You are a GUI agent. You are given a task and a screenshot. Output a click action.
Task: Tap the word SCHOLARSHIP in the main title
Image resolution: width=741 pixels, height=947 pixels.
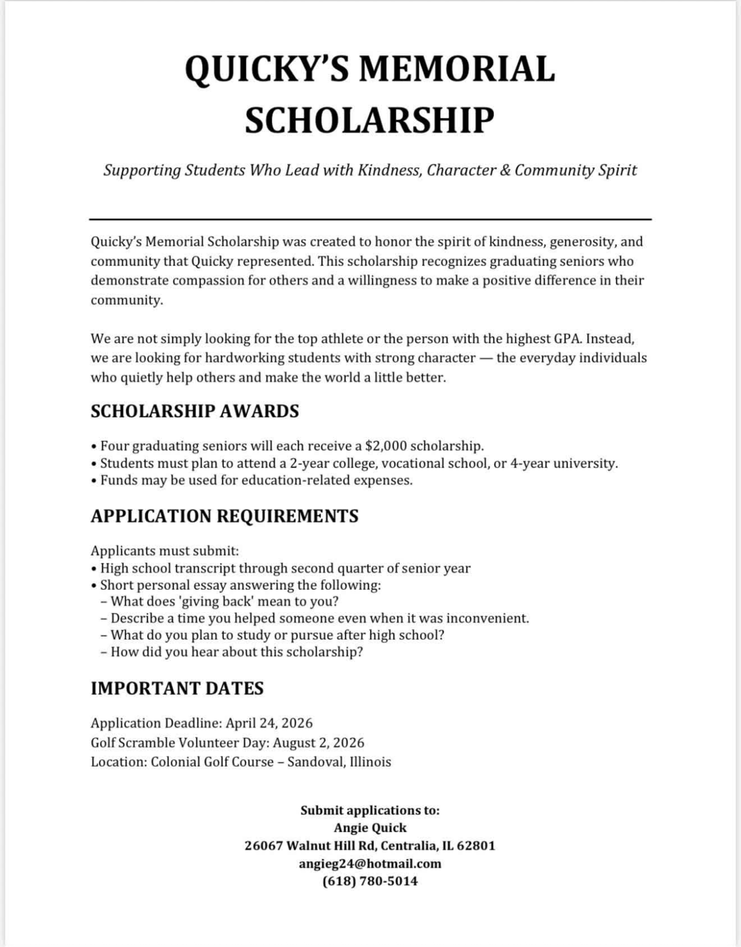[369, 120]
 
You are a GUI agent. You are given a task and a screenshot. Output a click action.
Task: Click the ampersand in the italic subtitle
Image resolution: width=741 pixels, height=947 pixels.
[505, 171]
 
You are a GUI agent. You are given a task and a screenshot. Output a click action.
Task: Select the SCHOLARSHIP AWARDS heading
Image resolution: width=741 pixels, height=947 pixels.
[195, 411]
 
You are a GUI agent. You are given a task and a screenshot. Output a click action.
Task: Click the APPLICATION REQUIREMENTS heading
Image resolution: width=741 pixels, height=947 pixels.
[225, 516]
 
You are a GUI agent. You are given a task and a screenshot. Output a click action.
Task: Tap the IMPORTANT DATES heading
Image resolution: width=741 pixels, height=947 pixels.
[177, 688]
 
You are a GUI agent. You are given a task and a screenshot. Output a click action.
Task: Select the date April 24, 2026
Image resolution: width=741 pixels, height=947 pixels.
[269, 723]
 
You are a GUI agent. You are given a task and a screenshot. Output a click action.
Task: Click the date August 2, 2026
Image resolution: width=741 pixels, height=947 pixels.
[318, 743]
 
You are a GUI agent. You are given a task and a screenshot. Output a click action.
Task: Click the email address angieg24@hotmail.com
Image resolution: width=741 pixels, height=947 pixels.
[370, 864]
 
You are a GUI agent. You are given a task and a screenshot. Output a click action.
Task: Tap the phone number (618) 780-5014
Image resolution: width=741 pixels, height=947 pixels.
[370, 881]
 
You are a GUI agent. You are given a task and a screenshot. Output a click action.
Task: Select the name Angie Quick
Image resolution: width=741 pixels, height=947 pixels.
[370, 828]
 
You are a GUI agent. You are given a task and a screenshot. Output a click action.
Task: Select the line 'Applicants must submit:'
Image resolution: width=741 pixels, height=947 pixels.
[164, 551]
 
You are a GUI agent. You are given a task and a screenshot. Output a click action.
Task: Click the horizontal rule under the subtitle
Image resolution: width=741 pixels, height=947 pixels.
[370, 219]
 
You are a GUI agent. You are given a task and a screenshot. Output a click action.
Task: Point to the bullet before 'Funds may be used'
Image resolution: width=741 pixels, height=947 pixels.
[94, 481]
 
